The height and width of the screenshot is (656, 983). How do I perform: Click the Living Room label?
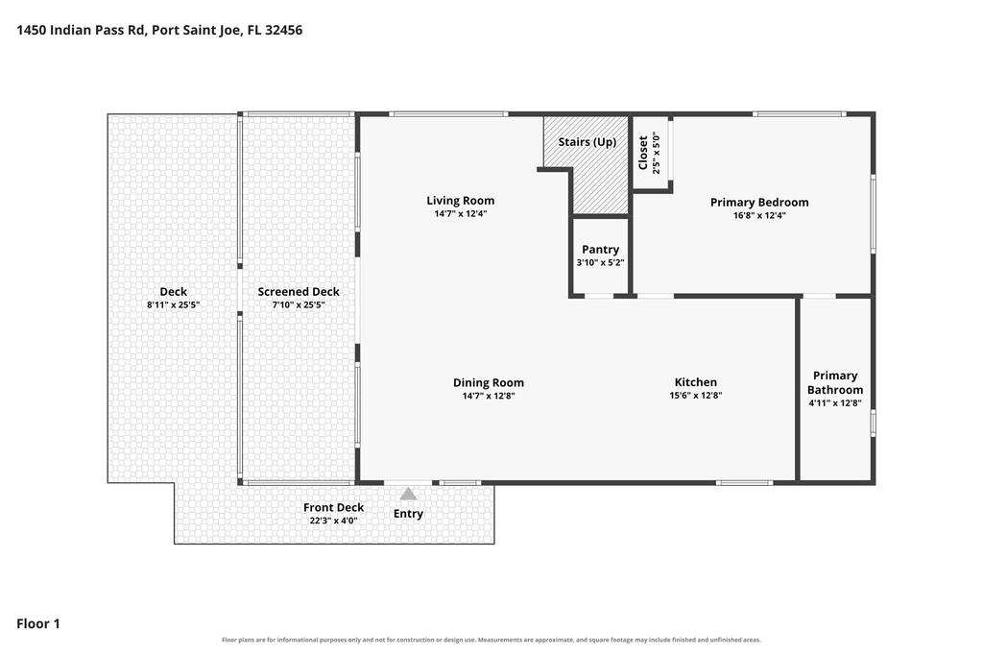[x=460, y=201]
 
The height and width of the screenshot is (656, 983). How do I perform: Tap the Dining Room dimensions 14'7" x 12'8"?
[x=489, y=396]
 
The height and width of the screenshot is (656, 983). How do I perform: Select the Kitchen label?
[x=695, y=382]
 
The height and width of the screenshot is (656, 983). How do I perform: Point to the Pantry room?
[x=601, y=256]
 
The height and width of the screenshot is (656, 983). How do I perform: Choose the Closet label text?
[x=642, y=153]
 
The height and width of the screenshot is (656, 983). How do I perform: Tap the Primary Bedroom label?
[x=759, y=202]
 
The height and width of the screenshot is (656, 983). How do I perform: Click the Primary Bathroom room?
[x=835, y=389]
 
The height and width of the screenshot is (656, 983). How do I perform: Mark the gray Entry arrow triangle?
[x=408, y=495]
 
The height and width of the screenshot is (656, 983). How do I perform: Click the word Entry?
[x=408, y=514]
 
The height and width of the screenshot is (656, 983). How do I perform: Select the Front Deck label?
[x=333, y=507]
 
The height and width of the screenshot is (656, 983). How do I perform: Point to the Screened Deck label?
[x=299, y=292]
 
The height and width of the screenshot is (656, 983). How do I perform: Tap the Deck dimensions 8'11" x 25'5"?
[x=173, y=304]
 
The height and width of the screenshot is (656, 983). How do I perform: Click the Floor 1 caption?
[x=38, y=623]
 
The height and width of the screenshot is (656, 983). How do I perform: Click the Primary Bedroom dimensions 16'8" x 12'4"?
[x=759, y=215]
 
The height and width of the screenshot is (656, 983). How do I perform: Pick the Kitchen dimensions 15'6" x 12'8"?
[x=695, y=395]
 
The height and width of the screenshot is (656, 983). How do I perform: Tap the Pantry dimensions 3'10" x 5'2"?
[x=601, y=263]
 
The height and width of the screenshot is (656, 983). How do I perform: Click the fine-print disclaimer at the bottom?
[x=491, y=640]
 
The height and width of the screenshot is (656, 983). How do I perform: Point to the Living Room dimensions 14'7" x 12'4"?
[x=460, y=214]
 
